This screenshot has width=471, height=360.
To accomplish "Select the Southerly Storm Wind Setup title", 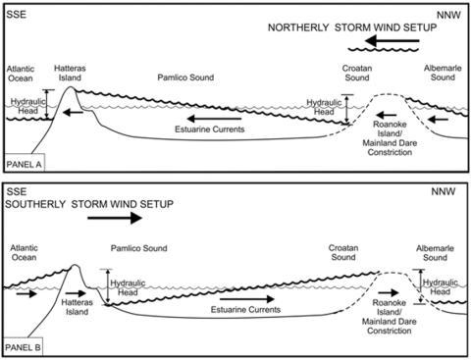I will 89,204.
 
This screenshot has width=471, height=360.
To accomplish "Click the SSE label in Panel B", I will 18,193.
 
